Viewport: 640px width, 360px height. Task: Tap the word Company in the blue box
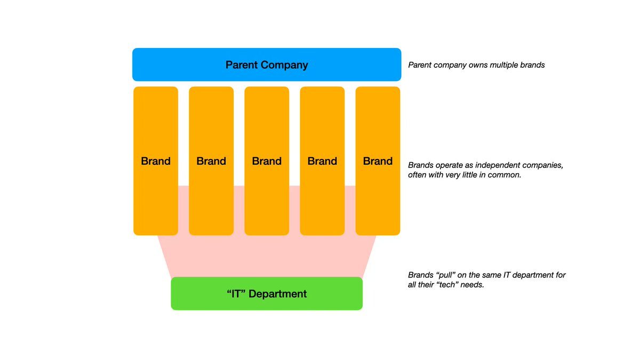(286, 65)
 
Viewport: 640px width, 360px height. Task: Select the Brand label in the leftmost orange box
(156, 161)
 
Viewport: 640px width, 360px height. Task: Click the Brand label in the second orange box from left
(211, 161)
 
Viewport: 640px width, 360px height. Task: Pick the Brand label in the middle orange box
(267, 161)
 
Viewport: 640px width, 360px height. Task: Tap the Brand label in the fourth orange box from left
(322, 161)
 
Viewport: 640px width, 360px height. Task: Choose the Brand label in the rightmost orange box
(378, 161)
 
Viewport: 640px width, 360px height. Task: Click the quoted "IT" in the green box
(237, 294)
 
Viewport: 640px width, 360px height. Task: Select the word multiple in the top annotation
(506, 66)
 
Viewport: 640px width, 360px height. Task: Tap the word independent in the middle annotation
(494, 165)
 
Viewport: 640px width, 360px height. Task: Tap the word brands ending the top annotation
(533, 66)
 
